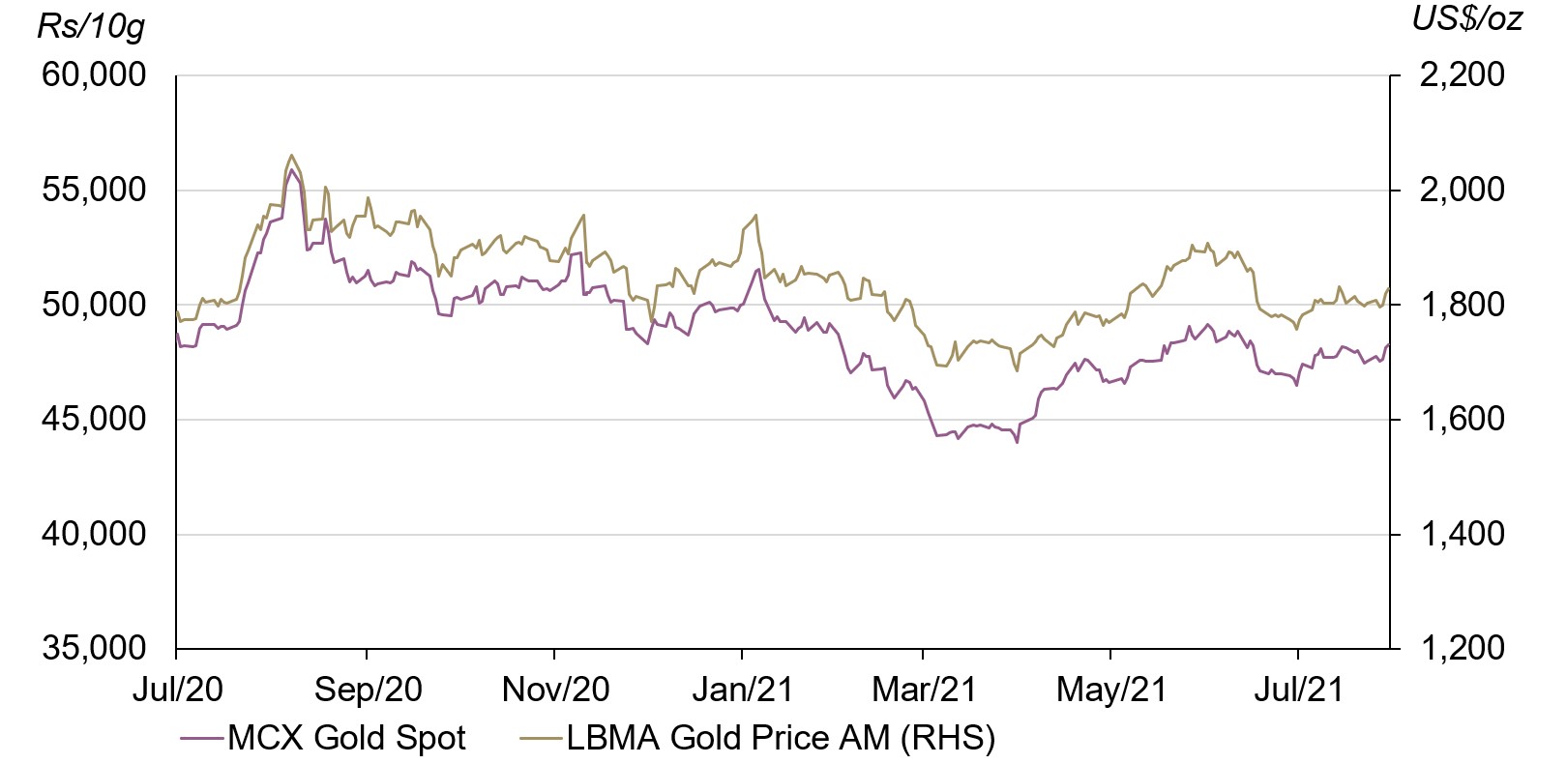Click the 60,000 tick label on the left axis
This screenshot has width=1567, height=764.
point(94,74)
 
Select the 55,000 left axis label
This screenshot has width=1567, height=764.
point(94,190)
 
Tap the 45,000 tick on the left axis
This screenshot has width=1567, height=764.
point(94,419)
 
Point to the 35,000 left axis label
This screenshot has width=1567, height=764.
point(94,648)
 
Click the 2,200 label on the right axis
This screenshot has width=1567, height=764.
point(1462,74)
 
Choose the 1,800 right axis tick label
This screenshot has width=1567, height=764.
point(1462,305)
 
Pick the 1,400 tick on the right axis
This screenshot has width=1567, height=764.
point(1462,534)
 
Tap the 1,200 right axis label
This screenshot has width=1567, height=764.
point(1462,648)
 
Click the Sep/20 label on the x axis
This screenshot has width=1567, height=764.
point(368,690)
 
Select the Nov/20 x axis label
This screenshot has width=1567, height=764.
point(555,690)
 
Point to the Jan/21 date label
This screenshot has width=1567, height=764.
point(742,690)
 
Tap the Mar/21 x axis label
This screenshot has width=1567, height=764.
point(924,690)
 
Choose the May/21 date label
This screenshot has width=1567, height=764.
point(1111,690)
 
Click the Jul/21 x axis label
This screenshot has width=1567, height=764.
point(1298,690)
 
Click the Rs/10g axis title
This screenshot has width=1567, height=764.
point(91,26)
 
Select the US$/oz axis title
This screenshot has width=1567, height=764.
point(1466,18)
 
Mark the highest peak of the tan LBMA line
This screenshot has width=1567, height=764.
point(291,155)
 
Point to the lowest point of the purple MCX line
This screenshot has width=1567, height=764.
point(1017,442)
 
